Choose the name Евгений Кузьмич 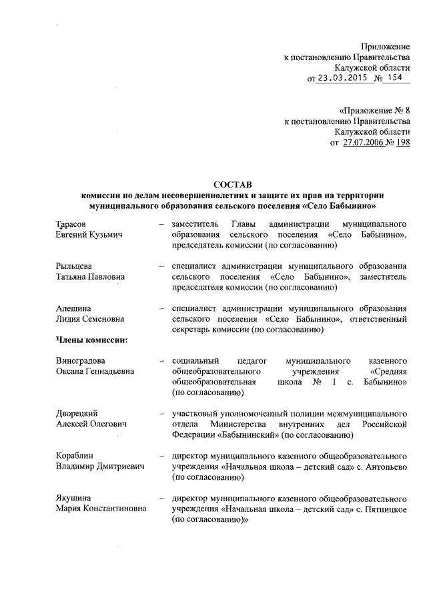tap(89, 236)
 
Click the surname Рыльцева tap(73, 267)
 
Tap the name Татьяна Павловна tap(91, 278)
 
